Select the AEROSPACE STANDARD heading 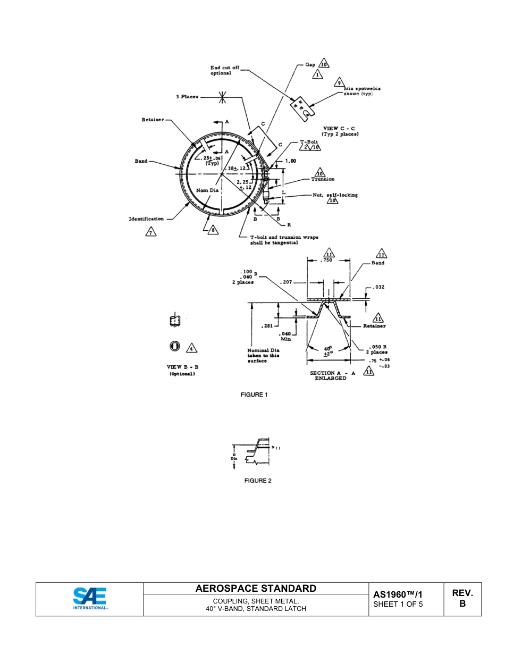coord(256,588)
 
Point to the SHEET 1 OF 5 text coord(398,605)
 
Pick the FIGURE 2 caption coord(258,481)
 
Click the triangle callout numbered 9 coord(339,83)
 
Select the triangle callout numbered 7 coord(151,232)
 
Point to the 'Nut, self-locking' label coord(334,195)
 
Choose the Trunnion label coord(323,179)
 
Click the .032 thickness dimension coord(378,287)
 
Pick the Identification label coord(146,219)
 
